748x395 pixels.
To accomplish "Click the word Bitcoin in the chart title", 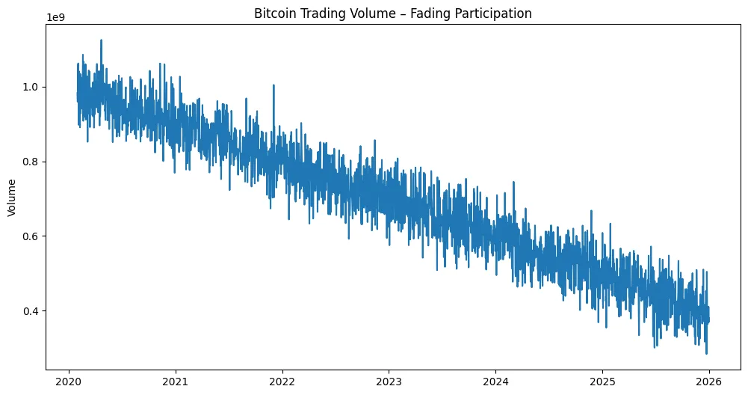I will coord(276,13).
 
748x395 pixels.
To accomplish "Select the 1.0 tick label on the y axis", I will coord(33,87).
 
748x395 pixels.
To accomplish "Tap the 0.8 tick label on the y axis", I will coord(33,162).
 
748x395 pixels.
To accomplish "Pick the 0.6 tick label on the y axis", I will coord(33,236).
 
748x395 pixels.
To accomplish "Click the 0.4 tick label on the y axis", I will coord(33,310).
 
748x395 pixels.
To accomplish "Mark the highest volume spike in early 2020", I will coord(101,40).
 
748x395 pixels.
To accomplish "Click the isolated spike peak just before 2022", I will coord(273,85).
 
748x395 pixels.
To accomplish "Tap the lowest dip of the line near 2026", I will coord(706,353).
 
